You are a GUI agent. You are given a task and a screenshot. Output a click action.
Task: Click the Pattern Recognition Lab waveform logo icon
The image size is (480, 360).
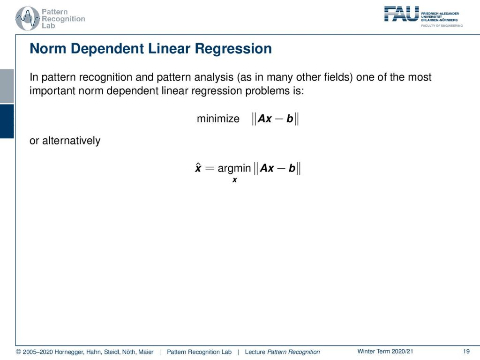(28, 18)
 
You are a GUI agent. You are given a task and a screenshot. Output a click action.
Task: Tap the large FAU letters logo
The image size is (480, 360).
(401, 14)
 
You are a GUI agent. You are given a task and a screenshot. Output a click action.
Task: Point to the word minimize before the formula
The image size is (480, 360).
(218, 119)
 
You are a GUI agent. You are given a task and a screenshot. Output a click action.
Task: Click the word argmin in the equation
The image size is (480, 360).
(234, 168)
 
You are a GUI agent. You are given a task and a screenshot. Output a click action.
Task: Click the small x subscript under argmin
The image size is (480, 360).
(234, 180)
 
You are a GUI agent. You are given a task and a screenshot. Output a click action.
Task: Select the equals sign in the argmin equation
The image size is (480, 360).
(210, 168)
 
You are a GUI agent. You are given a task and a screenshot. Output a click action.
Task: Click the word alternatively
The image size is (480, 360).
(71, 141)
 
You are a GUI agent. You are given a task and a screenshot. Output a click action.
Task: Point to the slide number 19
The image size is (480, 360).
(466, 352)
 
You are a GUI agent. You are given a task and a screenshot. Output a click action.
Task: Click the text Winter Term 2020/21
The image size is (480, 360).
(385, 352)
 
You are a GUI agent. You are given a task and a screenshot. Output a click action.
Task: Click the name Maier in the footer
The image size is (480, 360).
(146, 352)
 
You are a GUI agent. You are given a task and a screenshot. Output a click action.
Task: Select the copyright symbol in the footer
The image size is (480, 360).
(18, 352)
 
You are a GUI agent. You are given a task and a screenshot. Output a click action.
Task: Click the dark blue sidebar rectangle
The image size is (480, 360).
(7, 121)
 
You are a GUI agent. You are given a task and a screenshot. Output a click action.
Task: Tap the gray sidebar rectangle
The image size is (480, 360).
(7, 86)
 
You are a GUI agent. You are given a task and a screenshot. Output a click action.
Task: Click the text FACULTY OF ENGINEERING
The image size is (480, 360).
(442, 26)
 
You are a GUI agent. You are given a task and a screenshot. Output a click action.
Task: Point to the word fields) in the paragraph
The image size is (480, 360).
(338, 77)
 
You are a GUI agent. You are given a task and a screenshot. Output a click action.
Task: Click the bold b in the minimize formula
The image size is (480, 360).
(290, 119)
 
